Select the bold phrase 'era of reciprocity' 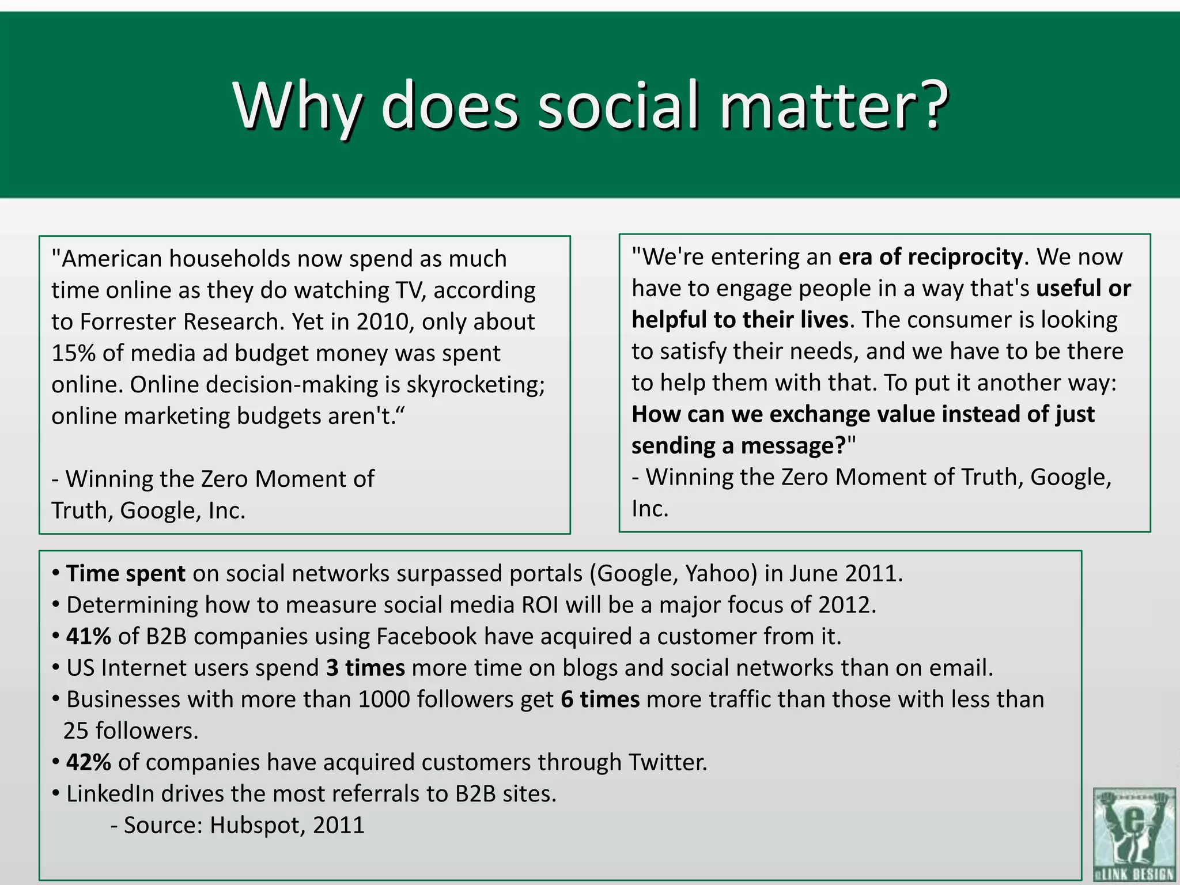coord(930,257)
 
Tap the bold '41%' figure coord(88,637)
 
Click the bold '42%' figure coord(88,762)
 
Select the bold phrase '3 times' coord(365,668)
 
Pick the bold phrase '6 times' coord(600,699)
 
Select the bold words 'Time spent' coord(126,574)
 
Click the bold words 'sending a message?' coord(738,446)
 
